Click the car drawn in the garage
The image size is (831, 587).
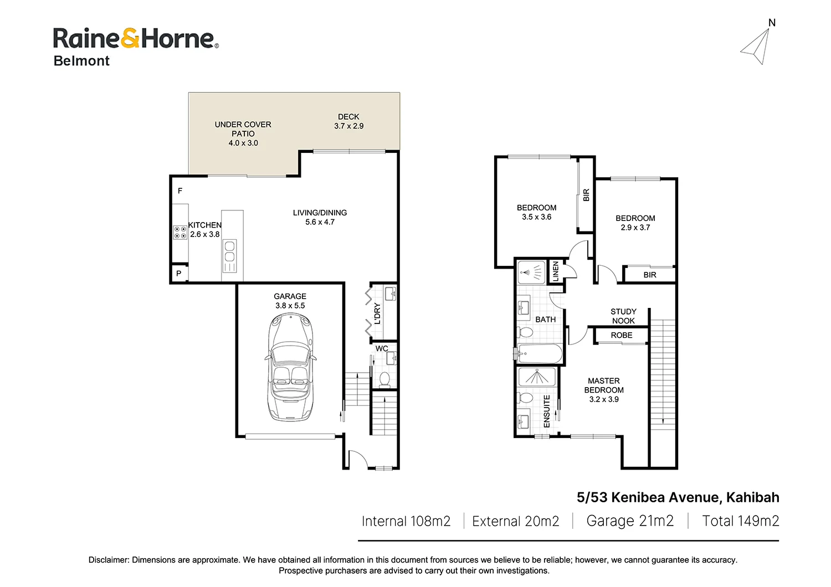pyautogui.click(x=290, y=367)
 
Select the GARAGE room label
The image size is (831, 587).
pyautogui.click(x=290, y=296)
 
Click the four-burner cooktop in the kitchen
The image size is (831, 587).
pyautogui.click(x=180, y=233)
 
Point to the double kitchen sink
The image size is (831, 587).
pyautogui.click(x=230, y=251)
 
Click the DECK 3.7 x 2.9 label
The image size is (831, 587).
pyautogui.click(x=348, y=121)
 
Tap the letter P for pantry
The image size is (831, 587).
pyautogui.click(x=179, y=274)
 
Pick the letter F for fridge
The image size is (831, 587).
pyautogui.click(x=180, y=190)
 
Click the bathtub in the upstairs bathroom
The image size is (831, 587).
pyautogui.click(x=540, y=354)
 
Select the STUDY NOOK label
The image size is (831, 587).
pyautogui.click(x=624, y=316)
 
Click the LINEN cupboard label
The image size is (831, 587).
pyautogui.click(x=555, y=271)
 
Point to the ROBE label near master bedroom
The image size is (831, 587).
pyautogui.click(x=622, y=335)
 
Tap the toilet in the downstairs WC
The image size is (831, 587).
pyautogui.click(x=384, y=380)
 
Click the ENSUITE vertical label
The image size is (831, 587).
pyautogui.click(x=546, y=411)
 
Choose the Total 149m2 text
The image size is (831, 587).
pyautogui.click(x=741, y=521)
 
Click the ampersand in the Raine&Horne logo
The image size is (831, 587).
pyautogui.click(x=130, y=39)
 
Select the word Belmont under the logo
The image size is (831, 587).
pyautogui.click(x=81, y=60)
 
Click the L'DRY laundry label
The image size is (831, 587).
pyautogui.click(x=377, y=313)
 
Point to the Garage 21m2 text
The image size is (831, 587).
pyautogui.click(x=630, y=521)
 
